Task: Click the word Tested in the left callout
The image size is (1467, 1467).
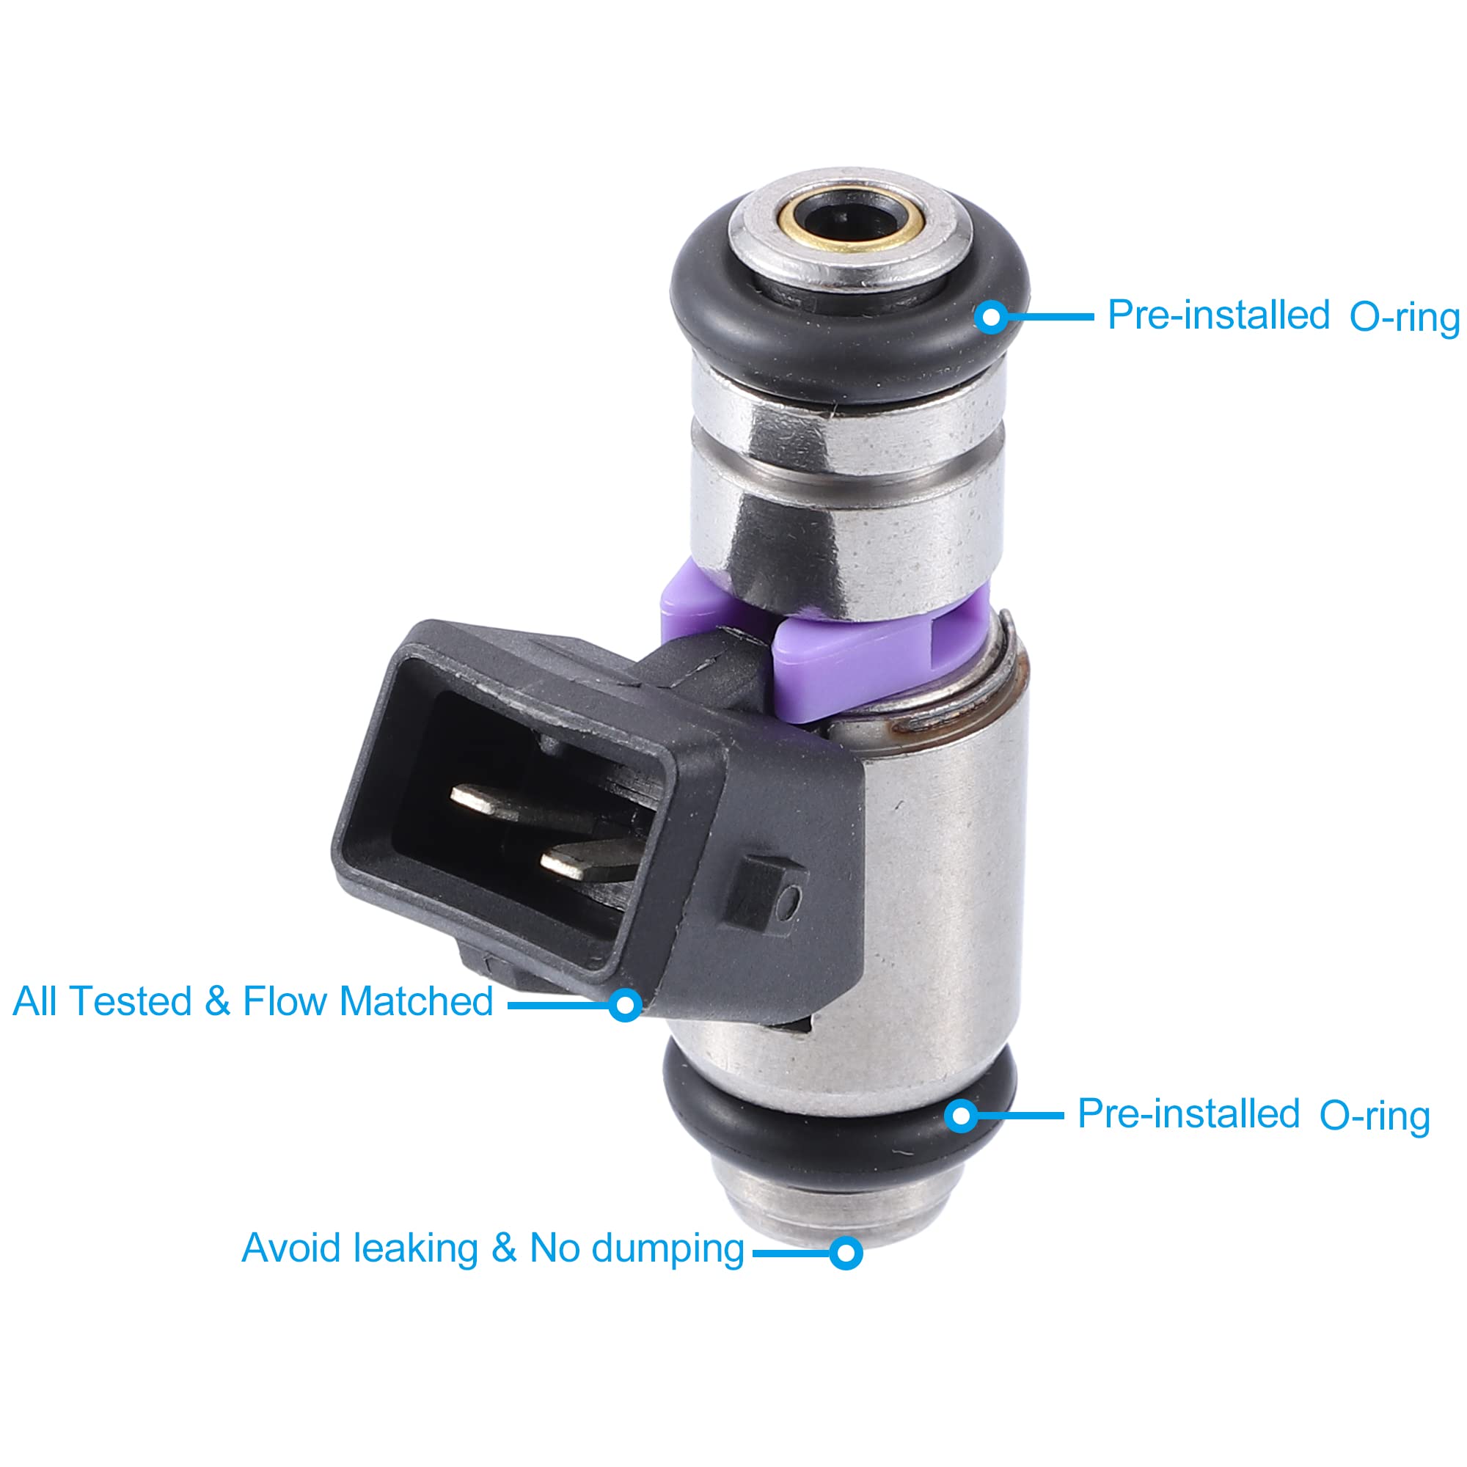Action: tap(131, 1001)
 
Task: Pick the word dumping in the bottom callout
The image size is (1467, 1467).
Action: tap(667, 1249)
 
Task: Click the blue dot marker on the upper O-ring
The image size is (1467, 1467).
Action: tap(991, 317)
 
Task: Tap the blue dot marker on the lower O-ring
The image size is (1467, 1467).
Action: tap(962, 1116)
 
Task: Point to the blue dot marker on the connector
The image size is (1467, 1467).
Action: tap(625, 1005)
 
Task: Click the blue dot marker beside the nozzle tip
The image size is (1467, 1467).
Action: tap(845, 1252)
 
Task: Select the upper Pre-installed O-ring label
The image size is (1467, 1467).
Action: tap(1283, 316)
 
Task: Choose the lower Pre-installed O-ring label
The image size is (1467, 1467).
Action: tap(1253, 1115)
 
